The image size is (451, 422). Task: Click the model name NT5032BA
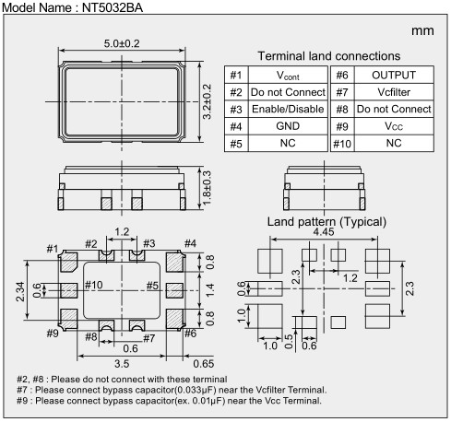pyautogui.click(x=113, y=7)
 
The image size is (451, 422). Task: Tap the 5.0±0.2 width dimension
pyautogui.click(x=122, y=43)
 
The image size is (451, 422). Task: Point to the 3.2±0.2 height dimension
pyautogui.click(x=208, y=101)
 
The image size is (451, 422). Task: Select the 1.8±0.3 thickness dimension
pyautogui.click(x=208, y=188)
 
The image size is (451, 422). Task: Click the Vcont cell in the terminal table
pyautogui.click(x=288, y=75)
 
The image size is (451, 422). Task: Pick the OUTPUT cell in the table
pyautogui.click(x=394, y=75)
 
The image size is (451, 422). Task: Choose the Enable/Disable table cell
pyautogui.click(x=288, y=109)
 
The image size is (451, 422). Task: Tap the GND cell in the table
pyautogui.click(x=288, y=126)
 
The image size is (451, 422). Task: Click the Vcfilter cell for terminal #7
pyautogui.click(x=394, y=92)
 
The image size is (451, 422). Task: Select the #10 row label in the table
pyautogui.click(x=342, y=144)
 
